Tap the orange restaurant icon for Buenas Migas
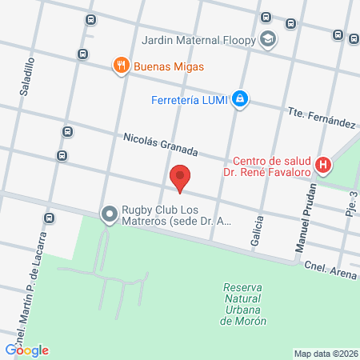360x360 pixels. coord(122,66)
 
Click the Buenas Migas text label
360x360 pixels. coord(169,66)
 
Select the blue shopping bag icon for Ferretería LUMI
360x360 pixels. coord(240,100)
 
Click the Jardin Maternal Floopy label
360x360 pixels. coord(199,39)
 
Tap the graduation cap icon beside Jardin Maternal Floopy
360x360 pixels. coord(267,38)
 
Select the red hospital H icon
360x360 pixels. coord(323,166)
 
